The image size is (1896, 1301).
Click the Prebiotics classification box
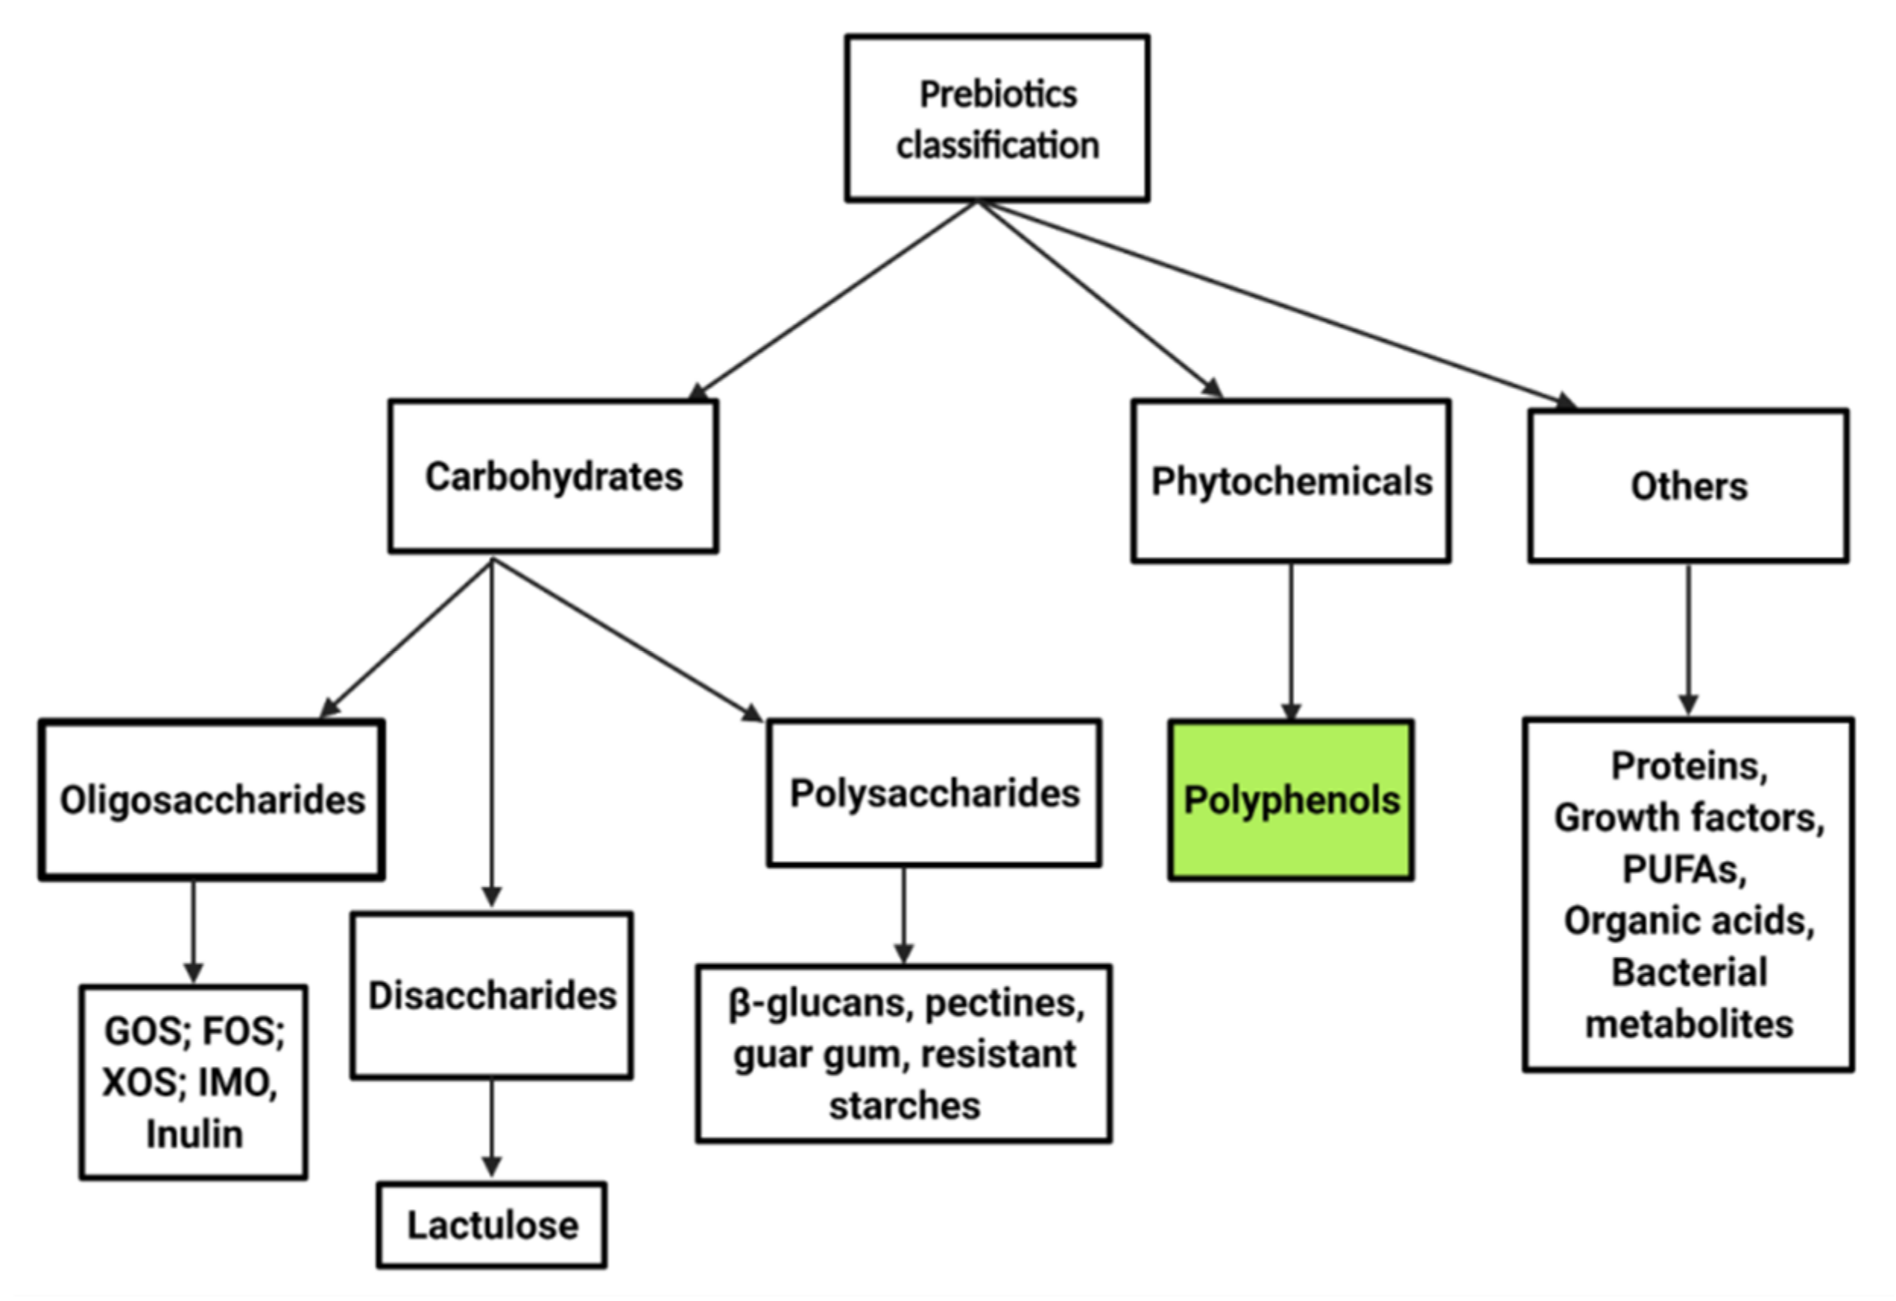[x=997, y=119]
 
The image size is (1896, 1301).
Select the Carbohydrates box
[x=553, y=476]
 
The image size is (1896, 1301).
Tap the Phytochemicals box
[x=1291, y=482]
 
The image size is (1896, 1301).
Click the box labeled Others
[x=1688, y=486]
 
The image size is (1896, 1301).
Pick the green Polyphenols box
[x=1291, y=800]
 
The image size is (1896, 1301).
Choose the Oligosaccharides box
[x=211, y=800]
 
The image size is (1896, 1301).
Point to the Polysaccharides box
[x=934, y=793]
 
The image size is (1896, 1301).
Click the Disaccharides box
[x=492, y=996]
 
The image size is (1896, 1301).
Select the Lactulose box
[x=492, y=1225]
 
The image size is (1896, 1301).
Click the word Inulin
[x=194, y=1134]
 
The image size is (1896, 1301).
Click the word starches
[x=904, y=1106]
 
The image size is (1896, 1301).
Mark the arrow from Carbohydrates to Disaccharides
[x=492, y=735]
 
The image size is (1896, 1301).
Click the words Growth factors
[x=1688, y=818]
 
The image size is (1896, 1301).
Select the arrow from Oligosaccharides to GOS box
[x=194, y=930]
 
